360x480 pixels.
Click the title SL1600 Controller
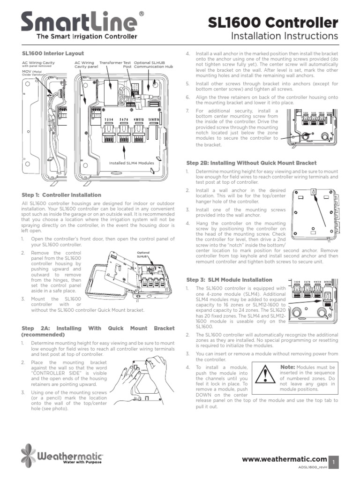[x=272, y=22]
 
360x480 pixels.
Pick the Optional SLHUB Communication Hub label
[x=153, y=65]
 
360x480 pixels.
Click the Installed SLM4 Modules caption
[x=131, y=163]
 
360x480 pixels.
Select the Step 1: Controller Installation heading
[x=61, y=195]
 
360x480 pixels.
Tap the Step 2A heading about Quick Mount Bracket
[x=97, y=331]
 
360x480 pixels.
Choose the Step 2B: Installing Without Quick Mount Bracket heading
[x=251, y=163]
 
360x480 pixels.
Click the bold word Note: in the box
[x=287, y=367]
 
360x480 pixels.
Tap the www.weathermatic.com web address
[x=284, y=459]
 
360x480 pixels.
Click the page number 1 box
[x=334, y=462]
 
